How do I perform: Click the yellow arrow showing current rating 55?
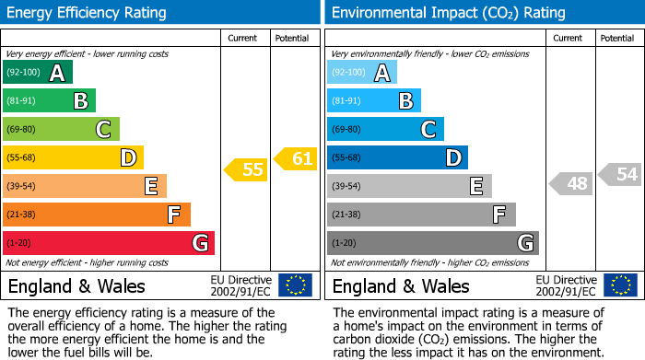coord(244,169)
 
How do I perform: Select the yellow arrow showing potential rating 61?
coord(295,159)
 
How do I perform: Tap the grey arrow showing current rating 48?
coord(570,183)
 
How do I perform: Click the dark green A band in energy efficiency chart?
coord(38,73)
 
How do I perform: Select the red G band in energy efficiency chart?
coord(109,243)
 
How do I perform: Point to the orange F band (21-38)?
coord(97,215)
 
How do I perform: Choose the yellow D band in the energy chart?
coord(73,157)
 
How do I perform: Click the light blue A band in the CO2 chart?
coord(362,73)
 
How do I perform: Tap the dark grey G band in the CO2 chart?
coord(432,243)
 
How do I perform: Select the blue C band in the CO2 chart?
coord(385,129)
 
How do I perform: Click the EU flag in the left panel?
coord(295,285)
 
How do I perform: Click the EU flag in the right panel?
coord(620,285)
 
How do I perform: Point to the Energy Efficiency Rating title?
coord(88,13)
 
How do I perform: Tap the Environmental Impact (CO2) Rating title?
coord(448,13)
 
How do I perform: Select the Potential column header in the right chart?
coord(616,38)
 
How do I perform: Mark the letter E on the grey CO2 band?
coord(476,186)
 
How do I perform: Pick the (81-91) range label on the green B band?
coord(22,101)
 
